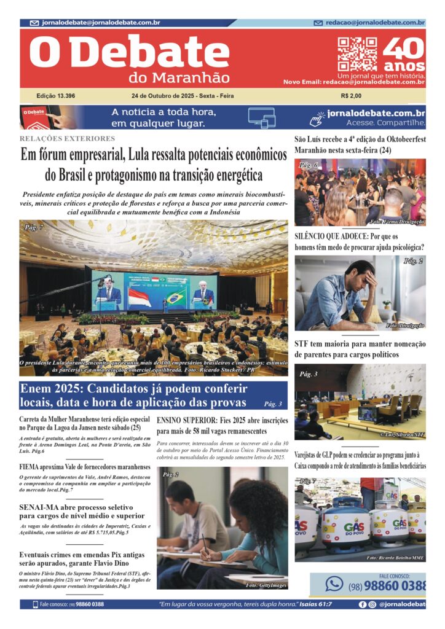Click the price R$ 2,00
[351, 96]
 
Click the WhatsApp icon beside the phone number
[334, 583]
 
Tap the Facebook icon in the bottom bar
[363, 604]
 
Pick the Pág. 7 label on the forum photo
[34, 227]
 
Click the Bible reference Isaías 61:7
[310, 604]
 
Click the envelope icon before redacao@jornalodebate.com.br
[318, 23]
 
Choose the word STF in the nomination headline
[302, 343]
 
